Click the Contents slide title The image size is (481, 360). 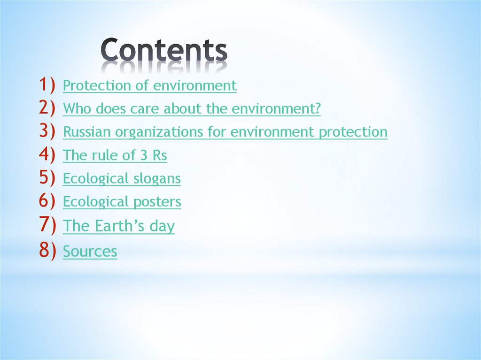[x=164, y=51]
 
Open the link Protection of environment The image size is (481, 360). [x=149, y=86]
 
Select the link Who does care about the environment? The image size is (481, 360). [x=192, y=109]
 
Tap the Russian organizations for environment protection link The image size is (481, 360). [x=225, y=132]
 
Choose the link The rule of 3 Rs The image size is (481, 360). [x=115, y=155]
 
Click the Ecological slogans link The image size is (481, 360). [x=122, y=179]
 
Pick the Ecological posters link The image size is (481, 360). [x=122, y=202]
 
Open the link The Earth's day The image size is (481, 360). [x=118, y=226]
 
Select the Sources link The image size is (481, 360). [x=90, y=251]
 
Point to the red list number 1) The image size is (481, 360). [x=47, y=85]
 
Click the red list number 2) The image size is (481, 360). [x=47, y=108]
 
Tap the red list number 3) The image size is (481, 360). [x=47, y=131]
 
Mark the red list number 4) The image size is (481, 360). [x=47, y=154]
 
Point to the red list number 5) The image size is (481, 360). [x=47, y=178]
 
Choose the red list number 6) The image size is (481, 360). [x=47, y=201]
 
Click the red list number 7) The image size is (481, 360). [x=47, y=225]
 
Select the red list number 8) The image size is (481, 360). [x=47, y=250]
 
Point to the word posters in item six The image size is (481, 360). [x=157, y=202]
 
